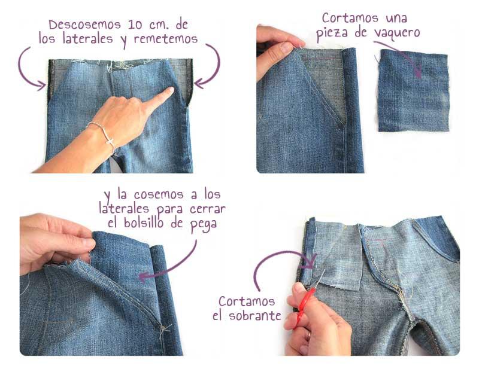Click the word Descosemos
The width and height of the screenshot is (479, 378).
84,25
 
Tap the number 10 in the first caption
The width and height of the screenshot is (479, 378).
135,25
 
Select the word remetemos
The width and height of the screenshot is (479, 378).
166,39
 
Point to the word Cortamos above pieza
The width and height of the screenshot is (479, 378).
350,18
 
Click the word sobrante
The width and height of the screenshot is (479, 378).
255,315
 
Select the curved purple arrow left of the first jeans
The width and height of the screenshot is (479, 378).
30,69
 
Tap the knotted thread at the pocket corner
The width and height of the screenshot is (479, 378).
164,329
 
